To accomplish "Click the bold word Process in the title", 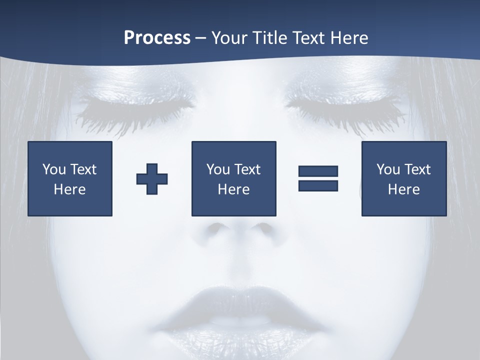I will (x=157, y=38).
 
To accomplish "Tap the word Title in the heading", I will (x=269, y=38).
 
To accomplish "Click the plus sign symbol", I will (x=152, y=179).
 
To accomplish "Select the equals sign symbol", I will (x=318, y=178).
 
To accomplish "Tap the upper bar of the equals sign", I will (x=318, y=171).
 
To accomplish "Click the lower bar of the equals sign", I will (x=318, y=185).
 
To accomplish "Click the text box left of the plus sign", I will (x=70, y=178).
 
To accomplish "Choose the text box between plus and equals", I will (x=233, y=178).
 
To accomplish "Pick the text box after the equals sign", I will (x=403, y=178).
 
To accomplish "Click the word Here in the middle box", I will (x=233, y=189).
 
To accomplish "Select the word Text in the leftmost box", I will (x=84, y=169).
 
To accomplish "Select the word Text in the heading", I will (x=306, y=38).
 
